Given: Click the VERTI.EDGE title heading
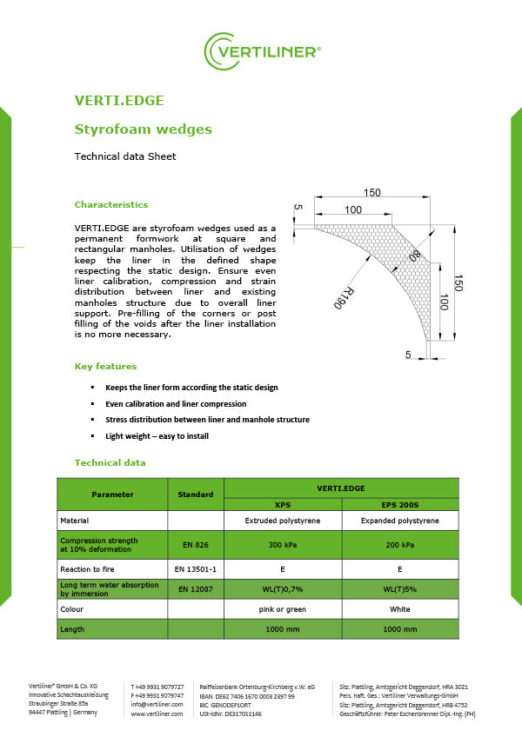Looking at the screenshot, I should click(x=119, y=101).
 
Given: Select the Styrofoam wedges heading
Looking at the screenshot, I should click(x=144, y=129).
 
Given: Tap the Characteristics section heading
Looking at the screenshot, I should click(x=111, y=205).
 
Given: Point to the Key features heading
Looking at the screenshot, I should click(x=105, y=367).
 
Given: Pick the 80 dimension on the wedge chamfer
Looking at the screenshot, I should click(x=414, y=256).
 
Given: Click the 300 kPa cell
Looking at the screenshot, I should click(x=283, y=545).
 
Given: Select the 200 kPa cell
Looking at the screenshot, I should click(x=399, y=545).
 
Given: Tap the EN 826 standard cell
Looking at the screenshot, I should click(x=195, y=545).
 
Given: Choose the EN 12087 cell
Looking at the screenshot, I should click(x=195, y=589).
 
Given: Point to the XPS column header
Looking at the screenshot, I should click(x=283, y=504).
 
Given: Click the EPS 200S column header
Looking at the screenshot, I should click(x=399, y=504).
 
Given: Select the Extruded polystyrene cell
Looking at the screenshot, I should click(x=283, y=521).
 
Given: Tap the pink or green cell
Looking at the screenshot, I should click(x=283, y=609).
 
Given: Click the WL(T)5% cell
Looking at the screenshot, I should click(x=399, y=589).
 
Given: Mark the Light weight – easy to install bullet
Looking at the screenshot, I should click(x=157, y=435).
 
